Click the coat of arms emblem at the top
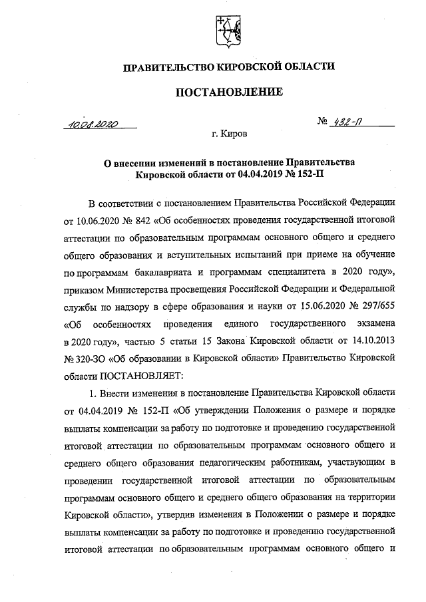click(x=228, y=30)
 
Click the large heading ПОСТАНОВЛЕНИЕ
click(x=228, y=91)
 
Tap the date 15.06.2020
click(x=320, y=309)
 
